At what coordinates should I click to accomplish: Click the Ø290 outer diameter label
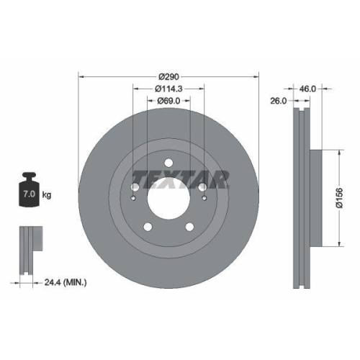168,76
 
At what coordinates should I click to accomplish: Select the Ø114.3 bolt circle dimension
168,89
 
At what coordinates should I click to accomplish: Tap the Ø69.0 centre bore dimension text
168,102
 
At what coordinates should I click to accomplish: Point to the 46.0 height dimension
308,89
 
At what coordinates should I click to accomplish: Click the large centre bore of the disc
168,194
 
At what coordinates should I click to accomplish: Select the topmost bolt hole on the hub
168,162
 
